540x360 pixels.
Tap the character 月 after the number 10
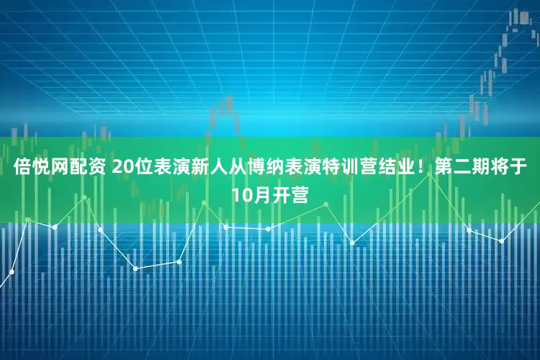click(261, 194)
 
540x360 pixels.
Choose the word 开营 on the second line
click(291, 194)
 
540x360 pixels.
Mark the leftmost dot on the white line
click(12, 271)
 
